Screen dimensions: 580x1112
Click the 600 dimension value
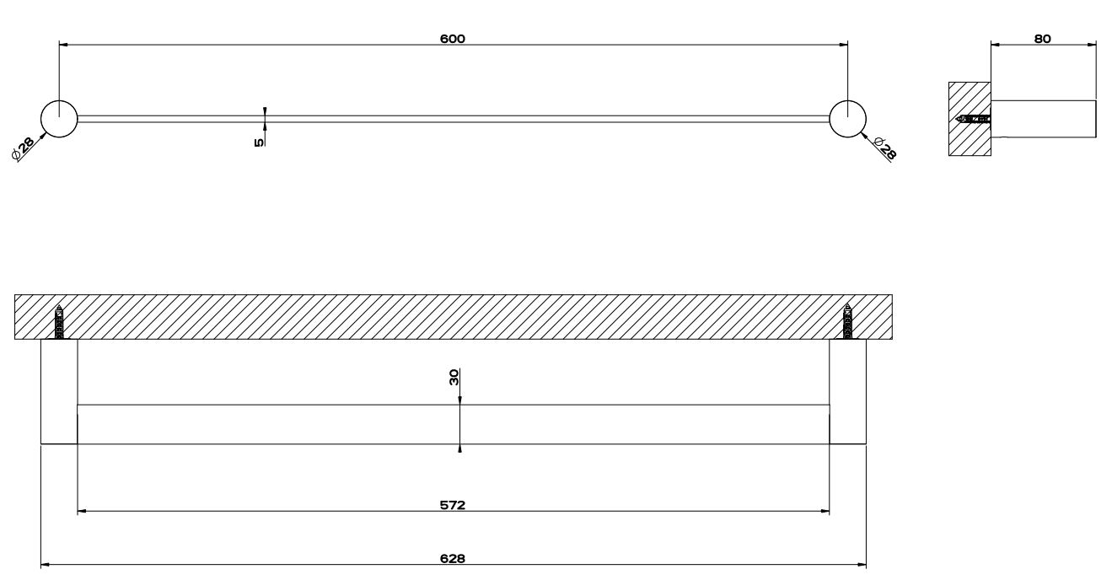pyautogui.click(x=453, y=39)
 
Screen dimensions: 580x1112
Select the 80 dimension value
pyautogui.click(x=1043, y=39)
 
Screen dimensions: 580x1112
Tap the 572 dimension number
pyautogui.click(x=453, y=506)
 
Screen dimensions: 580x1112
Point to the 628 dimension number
pyautogui.click(x=453, y=559)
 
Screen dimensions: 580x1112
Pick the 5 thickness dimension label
pyautogui.click(x=258, y=142)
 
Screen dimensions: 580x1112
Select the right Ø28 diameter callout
pyautogui.click(x=885, y=149)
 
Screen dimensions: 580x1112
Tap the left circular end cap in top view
pyautogui.click(x=59, y=119)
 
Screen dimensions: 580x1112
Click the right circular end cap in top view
pyautogui.click(x=847, y=119)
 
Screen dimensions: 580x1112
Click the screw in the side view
pyautogui.click(x=974, y=119)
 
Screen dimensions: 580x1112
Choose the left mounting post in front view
pyautogui.click(x=59, y=391)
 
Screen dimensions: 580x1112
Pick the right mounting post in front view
pyautogui.click(x=848, y=391)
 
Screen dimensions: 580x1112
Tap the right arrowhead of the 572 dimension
pyautogui.click(x=825, y=512)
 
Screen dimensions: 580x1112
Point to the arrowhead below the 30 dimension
pyautogui.click(x=459, y=448)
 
